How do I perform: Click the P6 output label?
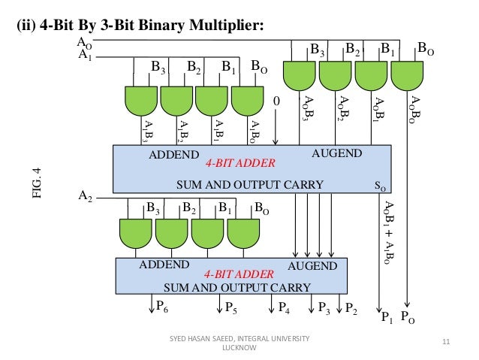161,307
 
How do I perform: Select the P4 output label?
283,307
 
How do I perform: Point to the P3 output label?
324,307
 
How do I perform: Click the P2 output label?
351,307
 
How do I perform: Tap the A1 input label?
85,55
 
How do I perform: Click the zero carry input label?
276,101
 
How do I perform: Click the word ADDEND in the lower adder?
163,265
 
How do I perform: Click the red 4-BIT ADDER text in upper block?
241,162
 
